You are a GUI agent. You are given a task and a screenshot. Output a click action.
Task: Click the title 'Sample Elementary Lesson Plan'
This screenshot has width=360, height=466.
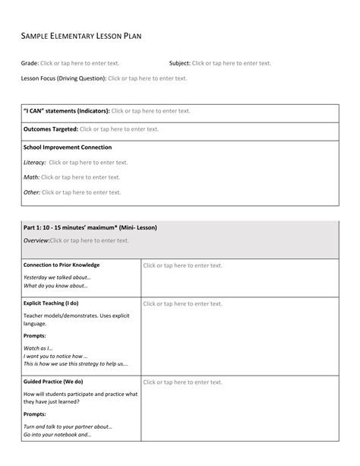81,36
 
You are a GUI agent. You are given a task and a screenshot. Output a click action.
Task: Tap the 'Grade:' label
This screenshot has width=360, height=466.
30,63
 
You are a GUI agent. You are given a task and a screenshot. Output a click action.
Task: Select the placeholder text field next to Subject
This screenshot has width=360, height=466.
232,63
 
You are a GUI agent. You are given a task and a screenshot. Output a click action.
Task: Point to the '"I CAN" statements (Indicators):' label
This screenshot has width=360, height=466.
67,111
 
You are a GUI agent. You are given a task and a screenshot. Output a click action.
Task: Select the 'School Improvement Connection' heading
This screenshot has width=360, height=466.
68,147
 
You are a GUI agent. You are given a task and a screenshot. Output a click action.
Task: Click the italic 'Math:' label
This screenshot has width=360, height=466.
31,177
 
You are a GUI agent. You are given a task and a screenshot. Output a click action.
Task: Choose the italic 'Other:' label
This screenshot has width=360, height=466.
32,192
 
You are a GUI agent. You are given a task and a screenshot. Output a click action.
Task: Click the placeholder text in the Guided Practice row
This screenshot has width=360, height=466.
182,382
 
